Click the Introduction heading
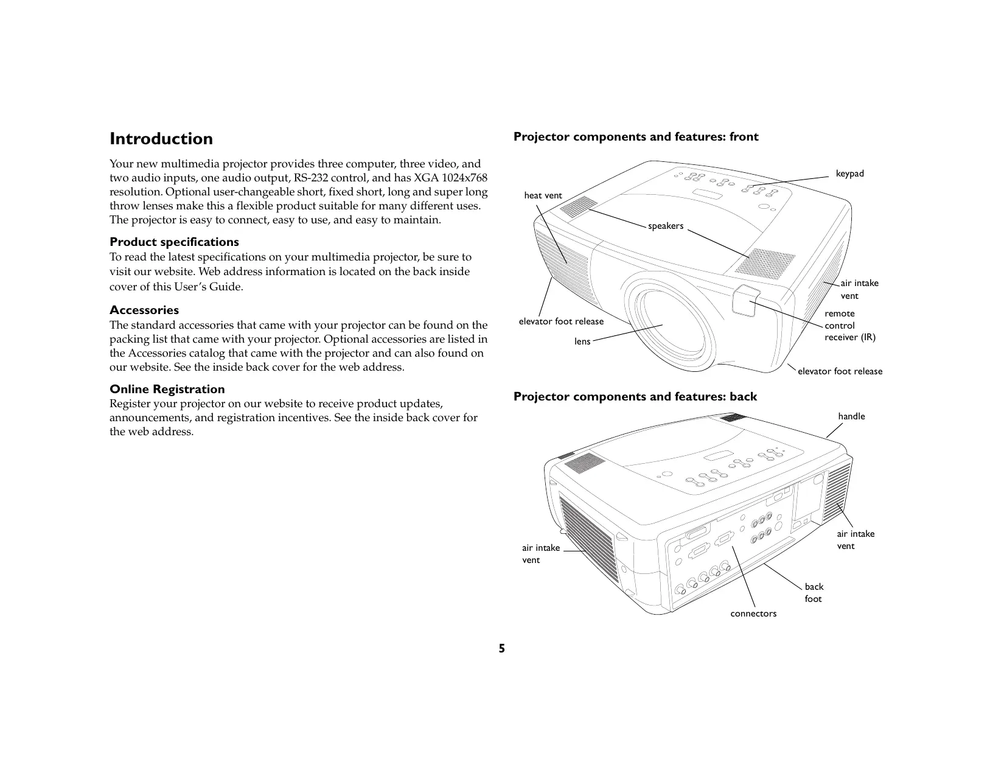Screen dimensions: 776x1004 tap(161, 139)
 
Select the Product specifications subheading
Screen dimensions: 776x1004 tap(174, 242)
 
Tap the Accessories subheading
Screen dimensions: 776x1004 tap(144, 310)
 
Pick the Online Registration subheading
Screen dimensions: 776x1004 tap(167, 389)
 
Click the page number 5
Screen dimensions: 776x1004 tap(502, 648)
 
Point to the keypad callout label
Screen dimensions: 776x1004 tap(849, 173)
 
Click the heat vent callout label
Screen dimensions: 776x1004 tap(543, 195)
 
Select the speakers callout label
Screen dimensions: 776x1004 tap(666, 226)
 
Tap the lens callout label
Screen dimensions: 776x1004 tap(582, 341)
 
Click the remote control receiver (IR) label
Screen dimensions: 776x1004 tap(849, 325)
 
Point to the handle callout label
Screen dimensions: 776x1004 tap(851, 416)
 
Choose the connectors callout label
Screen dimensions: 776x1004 tap(753, 613)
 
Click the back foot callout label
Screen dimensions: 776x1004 tap(814, 593)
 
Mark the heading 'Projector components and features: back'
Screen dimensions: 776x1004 tap(635, 397)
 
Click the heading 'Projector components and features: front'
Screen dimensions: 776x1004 tap(636, 137)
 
